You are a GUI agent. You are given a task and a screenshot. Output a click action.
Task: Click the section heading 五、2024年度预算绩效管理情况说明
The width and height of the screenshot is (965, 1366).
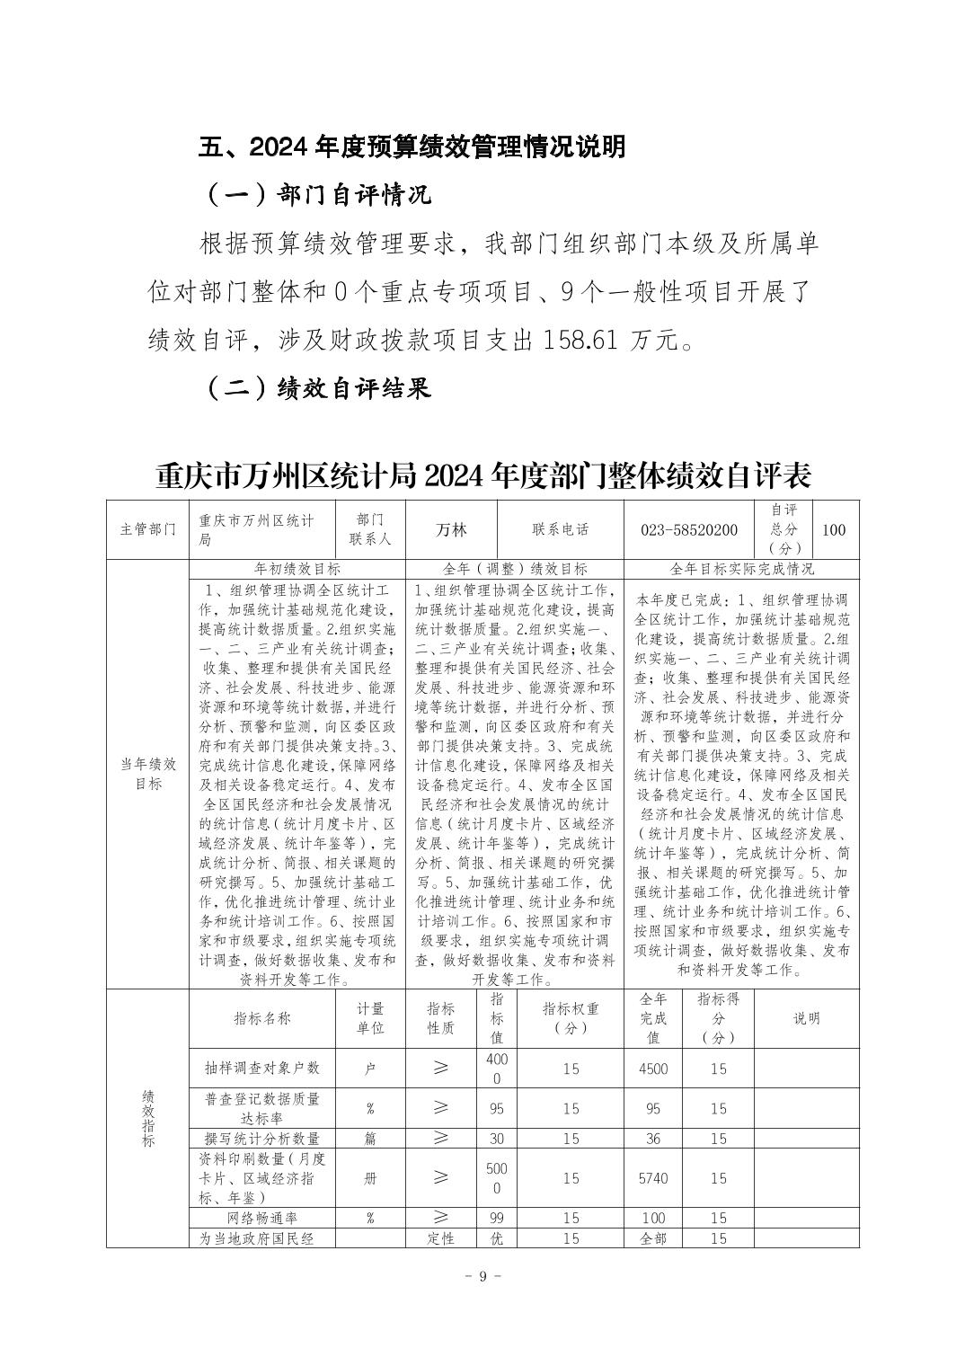pos(412,146)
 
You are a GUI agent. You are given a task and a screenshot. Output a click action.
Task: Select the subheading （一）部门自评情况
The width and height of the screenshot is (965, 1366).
pos(318,194)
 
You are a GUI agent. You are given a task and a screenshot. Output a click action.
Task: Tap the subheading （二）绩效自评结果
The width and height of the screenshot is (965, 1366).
pos(318,387)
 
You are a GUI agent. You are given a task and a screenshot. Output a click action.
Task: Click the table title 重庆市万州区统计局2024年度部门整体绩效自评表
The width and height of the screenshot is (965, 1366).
pos(482,475)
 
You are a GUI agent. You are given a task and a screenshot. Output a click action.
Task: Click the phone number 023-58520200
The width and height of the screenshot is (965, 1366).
pos(689,529)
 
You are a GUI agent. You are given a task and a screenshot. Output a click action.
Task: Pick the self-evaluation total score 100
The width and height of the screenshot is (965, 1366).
pos(833,529)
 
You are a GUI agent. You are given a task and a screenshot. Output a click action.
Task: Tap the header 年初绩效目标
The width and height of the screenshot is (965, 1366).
pos(297,569)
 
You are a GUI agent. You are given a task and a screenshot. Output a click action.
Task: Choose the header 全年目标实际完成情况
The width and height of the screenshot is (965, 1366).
pos(742,569)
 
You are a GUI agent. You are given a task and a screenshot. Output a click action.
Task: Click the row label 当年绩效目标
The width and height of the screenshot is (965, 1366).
pos(148,773)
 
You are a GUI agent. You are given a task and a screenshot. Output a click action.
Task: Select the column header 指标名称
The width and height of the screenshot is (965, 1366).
pos(262,1017)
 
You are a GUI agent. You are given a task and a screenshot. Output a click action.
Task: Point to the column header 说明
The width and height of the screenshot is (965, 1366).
pos(806,1017)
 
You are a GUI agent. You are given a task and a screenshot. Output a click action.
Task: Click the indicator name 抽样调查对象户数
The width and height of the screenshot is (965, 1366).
pos(262,1068)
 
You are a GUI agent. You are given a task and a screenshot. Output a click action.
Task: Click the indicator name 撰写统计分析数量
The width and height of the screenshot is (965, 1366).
pos(262,1138)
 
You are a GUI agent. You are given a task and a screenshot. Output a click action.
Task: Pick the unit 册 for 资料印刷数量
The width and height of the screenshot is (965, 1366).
pos(370,1177)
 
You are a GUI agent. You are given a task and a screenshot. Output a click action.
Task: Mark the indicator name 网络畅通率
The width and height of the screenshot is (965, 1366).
pos(262,1218)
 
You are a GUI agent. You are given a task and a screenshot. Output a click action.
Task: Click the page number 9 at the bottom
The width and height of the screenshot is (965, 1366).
pos(482,1276)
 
